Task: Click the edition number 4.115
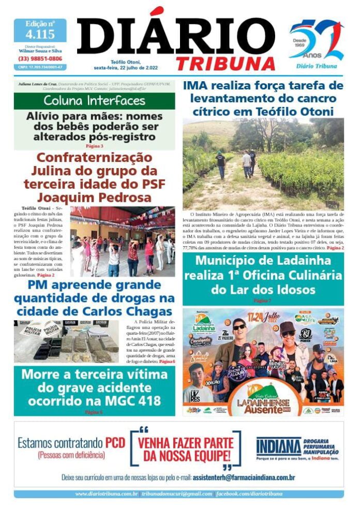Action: point(40,35)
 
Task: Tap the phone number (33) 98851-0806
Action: point(40,58)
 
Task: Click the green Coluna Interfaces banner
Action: point(94,100)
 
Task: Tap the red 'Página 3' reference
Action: point(94,146)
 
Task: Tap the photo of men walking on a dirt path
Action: point(263,163)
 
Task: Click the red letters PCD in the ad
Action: point(115,443)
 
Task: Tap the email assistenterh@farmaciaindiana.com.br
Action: point(244,477)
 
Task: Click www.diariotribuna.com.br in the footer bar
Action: point(106,494)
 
